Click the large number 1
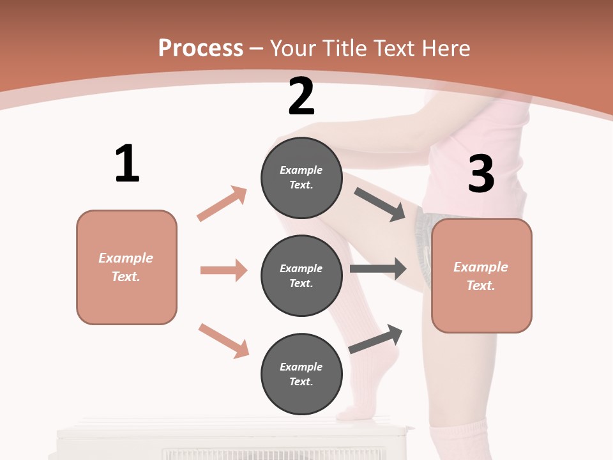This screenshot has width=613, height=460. pos(127,164)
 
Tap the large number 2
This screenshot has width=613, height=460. pos(301,96)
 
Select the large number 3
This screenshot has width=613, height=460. pos(481,174)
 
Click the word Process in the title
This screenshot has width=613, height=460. pos(201,48)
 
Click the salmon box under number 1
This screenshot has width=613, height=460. pos(126,267)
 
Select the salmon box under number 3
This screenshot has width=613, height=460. pos(481,275)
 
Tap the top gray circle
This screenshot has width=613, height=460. pos(301,178)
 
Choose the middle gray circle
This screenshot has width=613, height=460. pos(301,275)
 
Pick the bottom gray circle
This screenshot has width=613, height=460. pos(301,374)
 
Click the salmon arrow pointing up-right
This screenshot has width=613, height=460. pos(222,204)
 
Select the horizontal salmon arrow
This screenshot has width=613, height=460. pos(223,270)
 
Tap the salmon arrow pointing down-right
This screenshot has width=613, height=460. pos(223,340)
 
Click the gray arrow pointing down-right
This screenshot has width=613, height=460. pos(380,204)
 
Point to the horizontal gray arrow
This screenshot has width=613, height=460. pos(378,269)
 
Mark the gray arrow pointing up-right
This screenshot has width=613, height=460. pos(375,339)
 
